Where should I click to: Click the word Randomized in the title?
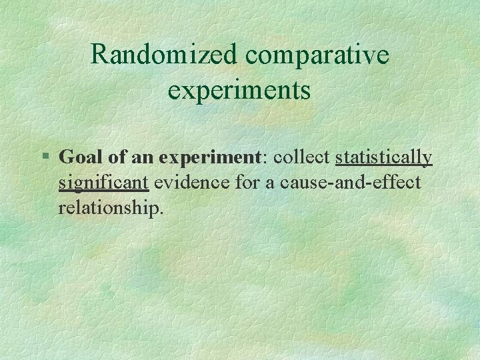(163, 54)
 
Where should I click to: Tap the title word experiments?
(239, 90)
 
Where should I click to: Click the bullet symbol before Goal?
(45, 158)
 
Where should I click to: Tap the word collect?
(298, 157)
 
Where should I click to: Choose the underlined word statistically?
(384, 159)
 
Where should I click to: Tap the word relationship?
(109, 207)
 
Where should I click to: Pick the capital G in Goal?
(65, 157)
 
